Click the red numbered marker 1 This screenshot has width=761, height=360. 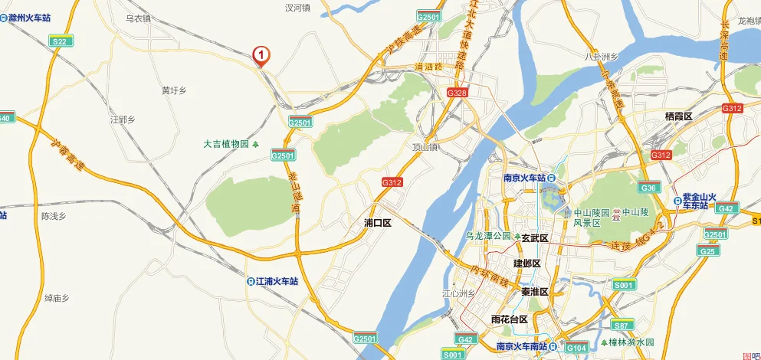[x=261, y=55]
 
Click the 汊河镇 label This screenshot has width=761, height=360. [x=297, y=8]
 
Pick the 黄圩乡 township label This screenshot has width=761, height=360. [x=174, y=90]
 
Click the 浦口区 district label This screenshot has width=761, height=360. [x=377, y=224]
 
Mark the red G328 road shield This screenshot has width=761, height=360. [x=457, y=92]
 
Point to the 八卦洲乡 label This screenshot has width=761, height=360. [x=601, y=56]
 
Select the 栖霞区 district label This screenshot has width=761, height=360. [x=678, y=116]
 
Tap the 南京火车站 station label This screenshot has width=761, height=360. [x=529, y=178]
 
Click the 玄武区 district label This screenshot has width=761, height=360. [x=535, y=238]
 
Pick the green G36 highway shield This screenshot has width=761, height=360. [x=648, y=188]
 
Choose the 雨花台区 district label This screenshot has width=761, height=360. [x=510, y=319]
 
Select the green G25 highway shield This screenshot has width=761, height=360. [x=708, y=250]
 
